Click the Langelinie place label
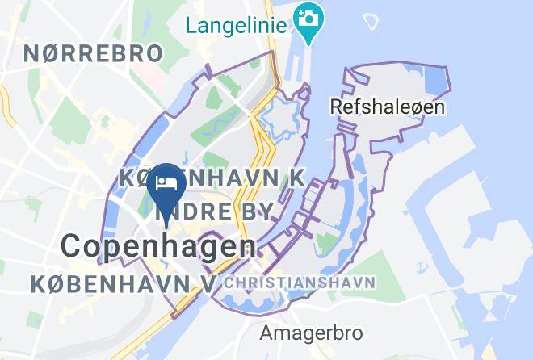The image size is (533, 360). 236,25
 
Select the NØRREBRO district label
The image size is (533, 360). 93,54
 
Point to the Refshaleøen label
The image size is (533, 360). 388,106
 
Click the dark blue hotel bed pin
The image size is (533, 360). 168,184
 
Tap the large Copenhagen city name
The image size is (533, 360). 158,245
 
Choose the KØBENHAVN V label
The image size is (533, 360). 124,283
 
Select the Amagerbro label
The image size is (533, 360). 311,332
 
